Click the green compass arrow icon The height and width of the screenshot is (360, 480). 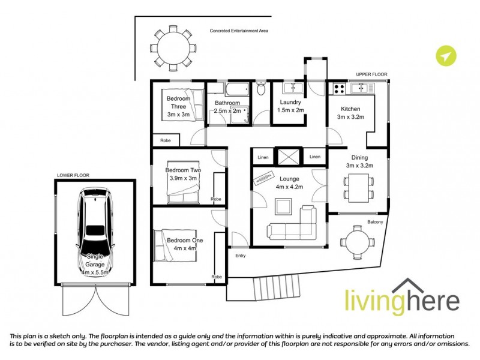pyautogui.click(x=445, y=56)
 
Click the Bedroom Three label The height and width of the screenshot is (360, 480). pyautogui.click(x=178, y=106)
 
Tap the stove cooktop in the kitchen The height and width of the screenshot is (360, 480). pyautogui.click(x=338, y=89)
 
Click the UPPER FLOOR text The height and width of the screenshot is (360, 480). pyautogui.click(x=371, y=74)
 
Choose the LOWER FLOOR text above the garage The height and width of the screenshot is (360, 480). pyautogui.click(x=73, y=175)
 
